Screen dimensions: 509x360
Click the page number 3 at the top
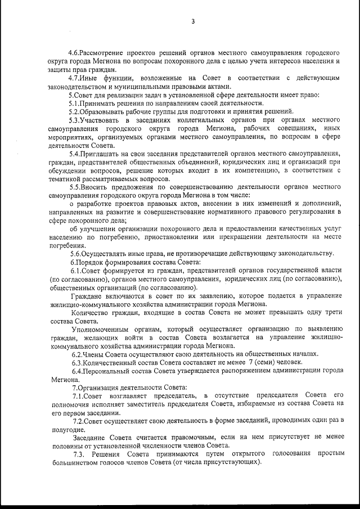pos(193,22)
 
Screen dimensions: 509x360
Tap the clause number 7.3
pos(78,454)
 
